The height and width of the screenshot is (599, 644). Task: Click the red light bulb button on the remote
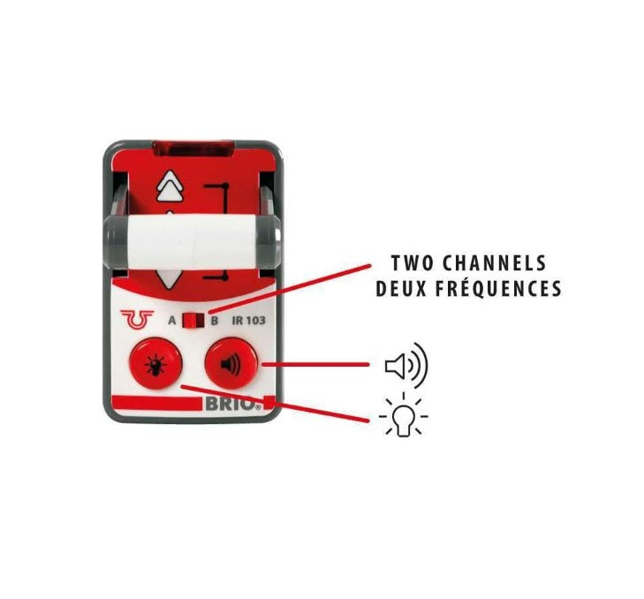pyautogui.click(x=155, y=363)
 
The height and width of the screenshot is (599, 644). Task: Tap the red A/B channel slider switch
pyautogui.click(x=193, y=321)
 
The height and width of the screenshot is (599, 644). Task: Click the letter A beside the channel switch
pyautogui.click(x=172, y=321)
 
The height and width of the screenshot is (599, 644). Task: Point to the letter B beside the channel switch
pyautogui.click(x=215, y=321)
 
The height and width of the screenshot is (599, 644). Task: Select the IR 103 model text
pyautogui.click(x=248, y=321)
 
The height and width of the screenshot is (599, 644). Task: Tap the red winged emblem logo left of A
pyautogui.click(x=137, y=319)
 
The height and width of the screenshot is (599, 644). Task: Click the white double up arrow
pyautogui.click(x=170, y=186)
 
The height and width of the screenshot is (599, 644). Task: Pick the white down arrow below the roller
pyautogui.click(x=169, y=279)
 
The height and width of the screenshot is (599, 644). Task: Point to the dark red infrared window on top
pyautogui.click(x=193, y=148)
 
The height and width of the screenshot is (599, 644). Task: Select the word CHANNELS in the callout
pyautogui.click(x=495, y=263)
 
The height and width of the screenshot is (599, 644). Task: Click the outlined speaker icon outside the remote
pyautogui.click(x=406, y=365)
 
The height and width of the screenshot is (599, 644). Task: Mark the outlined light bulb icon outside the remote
pyautogui.click(x=404, y=415)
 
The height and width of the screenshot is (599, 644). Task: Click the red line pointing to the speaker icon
pyautogui.click(x=315, y=364)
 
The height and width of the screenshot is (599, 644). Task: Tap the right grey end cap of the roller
pyautogui.click(x=269, y=240)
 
